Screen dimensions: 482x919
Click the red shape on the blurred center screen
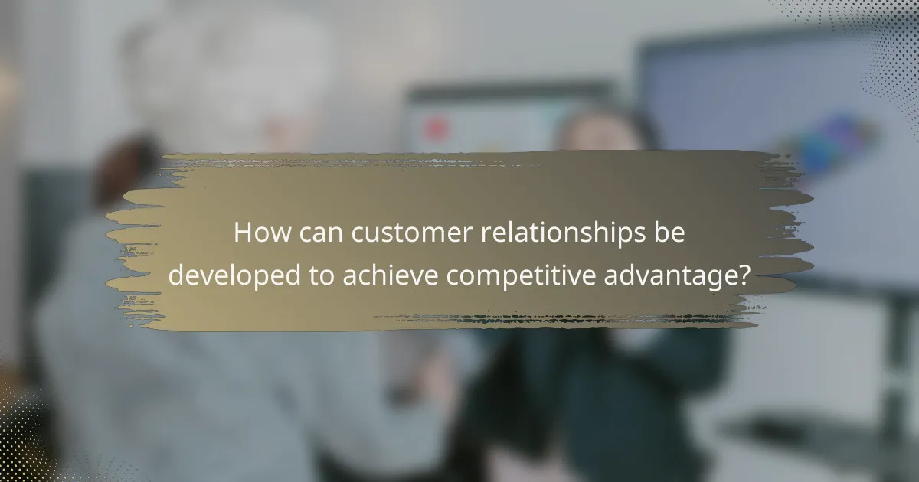click(x=437, y=129)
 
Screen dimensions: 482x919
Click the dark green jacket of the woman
click(x=597, y=383)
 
